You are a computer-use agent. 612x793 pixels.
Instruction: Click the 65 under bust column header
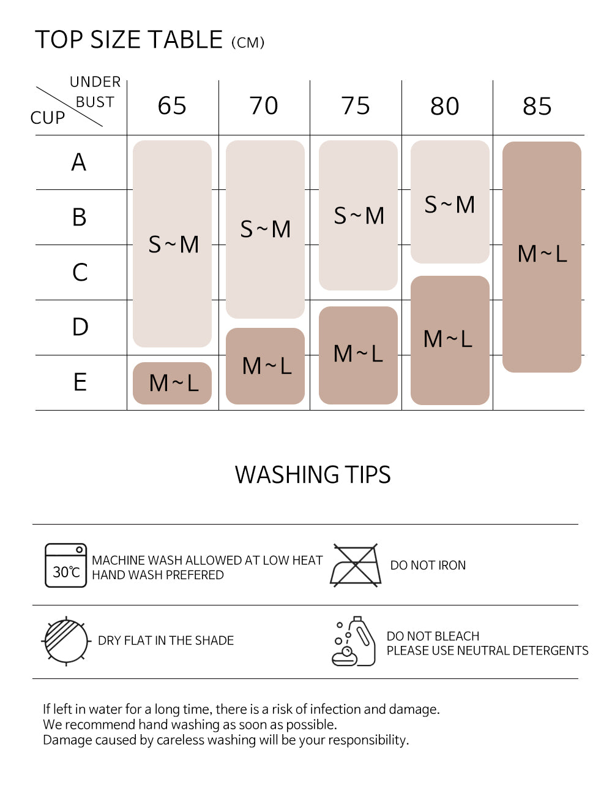click(172, 106)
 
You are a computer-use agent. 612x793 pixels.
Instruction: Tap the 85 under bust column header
click(537, 106)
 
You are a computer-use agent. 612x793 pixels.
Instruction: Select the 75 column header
click(356, 106)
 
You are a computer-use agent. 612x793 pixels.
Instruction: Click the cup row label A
click(79, 162)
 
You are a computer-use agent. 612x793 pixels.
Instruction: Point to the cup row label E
click(80, 382)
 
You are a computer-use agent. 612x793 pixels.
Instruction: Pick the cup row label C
click(80, 272)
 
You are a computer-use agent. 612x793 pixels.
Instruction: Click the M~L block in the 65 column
click(172, 383)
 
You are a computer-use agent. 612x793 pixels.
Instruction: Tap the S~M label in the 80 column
click(450, 205)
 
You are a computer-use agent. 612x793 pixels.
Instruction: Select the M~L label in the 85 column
click(542, 254)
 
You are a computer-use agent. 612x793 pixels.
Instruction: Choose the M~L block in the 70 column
click(265, 366)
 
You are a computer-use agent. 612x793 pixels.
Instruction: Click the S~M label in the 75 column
click(359, 216)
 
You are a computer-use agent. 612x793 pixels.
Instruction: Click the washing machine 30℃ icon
click(65, 565)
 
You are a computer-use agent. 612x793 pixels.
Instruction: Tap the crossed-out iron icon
click(356, 565)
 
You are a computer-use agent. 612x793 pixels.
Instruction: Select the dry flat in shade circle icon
click(65, 641)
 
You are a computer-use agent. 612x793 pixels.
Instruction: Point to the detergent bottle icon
click(354, 641)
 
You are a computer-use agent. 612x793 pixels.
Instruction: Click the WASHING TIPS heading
click(313, 475)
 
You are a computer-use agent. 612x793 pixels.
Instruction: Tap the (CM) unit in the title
click(248, 43)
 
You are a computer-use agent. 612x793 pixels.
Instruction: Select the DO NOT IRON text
click(428, 565)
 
